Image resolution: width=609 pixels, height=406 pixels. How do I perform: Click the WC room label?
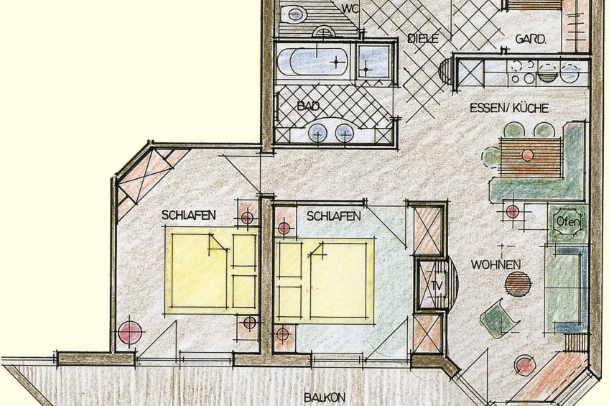350,8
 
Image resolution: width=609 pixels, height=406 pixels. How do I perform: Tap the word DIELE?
423,39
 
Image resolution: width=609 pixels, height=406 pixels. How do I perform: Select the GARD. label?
531,39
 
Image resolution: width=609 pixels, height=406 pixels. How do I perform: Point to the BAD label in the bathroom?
308,106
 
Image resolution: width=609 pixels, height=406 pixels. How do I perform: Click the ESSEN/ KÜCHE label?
509,108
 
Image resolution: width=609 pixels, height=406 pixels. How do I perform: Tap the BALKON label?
325,397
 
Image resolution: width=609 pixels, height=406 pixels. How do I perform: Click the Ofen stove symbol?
568,222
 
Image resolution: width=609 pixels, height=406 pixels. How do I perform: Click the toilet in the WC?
293,14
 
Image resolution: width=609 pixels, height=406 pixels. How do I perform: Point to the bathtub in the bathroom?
313,61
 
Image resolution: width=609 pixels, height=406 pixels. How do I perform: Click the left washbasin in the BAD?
317,134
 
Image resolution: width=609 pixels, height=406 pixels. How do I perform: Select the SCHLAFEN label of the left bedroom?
189,215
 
